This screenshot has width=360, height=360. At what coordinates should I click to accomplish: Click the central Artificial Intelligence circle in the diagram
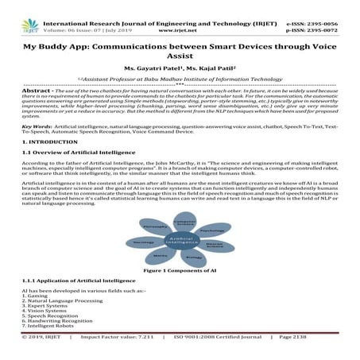tap(180, 240)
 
